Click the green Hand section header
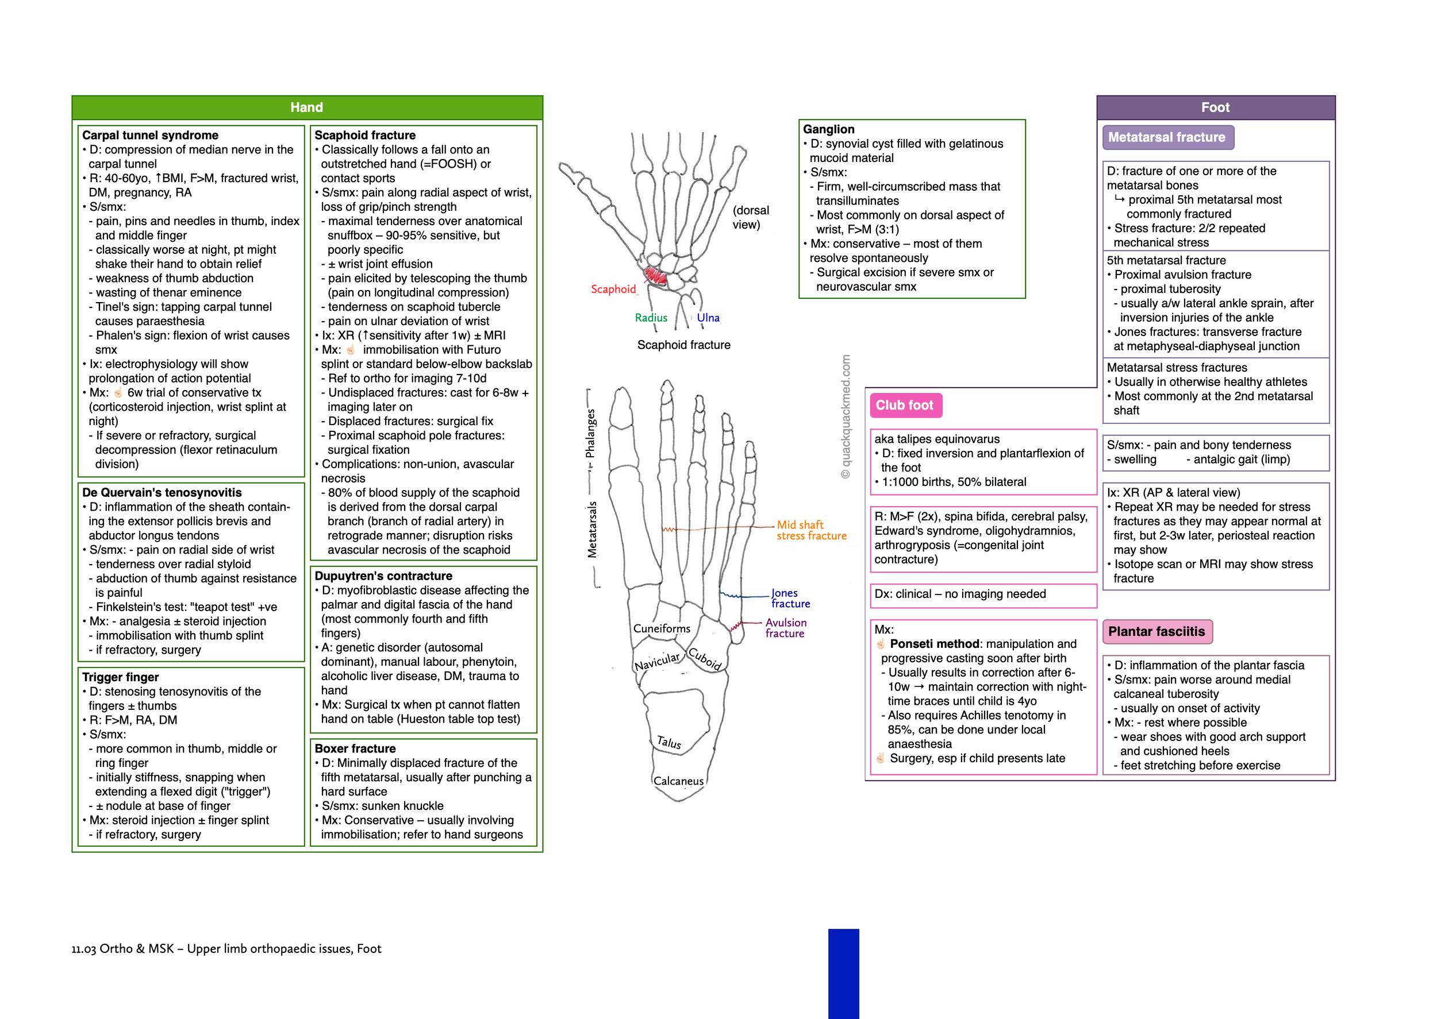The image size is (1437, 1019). [306, 107]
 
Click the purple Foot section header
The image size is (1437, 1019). [1215, 107]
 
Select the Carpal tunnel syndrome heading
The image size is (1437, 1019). [150, 135]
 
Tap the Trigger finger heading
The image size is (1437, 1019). [121, 677]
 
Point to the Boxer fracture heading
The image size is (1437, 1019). [355, 748]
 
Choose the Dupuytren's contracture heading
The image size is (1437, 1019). [383, 576]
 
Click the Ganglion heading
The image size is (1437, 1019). [828, 129]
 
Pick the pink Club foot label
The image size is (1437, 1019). [905, 406]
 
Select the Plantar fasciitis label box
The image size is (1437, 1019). [1156, 631]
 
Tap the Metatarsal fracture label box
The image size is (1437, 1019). [1166, 137]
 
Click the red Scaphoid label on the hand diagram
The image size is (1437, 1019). [613, 290]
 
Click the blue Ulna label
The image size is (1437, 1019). [708, 318]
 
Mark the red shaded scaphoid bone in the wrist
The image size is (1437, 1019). [655, 275]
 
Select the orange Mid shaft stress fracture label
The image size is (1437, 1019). [810, 530]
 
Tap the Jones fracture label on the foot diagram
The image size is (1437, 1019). [790, 598]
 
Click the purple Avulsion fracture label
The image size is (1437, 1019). [785, 628]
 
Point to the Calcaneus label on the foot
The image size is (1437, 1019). [678, 781]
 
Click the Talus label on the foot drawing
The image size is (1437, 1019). [668, 743]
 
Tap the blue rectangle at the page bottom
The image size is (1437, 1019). [843, 973]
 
